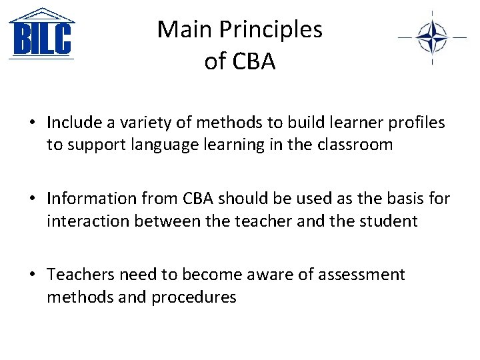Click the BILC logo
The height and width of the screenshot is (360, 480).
click(x=41, y=34)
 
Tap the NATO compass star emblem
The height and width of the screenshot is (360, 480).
click(x=432, y=37)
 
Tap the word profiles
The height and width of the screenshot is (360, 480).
click(x=413, y=123)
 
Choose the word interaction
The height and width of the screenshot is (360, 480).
click(x=88, y=221)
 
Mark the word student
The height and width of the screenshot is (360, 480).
click(x=387, y=221)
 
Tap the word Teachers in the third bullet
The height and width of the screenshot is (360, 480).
click(x=81, y=275)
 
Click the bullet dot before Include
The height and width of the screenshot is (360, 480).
click(x=32, y=123)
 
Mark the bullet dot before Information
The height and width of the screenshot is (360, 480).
click(x=32, y=199)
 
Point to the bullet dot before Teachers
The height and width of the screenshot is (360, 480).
click(x=32, y=275)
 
